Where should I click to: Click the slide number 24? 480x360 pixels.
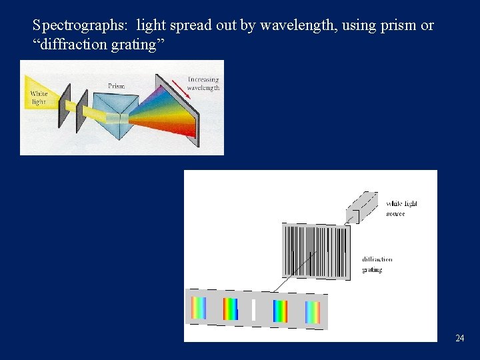pyautogui.click(x=459, y=339)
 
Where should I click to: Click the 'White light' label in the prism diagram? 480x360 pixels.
pyautogui.click(x=39, y=98)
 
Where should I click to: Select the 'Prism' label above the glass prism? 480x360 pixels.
pyautogui.click(x=117, y=86)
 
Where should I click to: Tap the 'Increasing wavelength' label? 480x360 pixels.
pyautogui.click(x=203, y=84)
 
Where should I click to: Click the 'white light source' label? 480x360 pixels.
pyautogui.click(x=401, y=209)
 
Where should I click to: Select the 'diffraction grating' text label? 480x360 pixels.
pyautogui.click(x=377, y=265)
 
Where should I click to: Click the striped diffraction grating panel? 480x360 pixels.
pyautogui.click(x=316, y=251)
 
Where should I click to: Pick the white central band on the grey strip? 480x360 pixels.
pyautogui.click(x=253, y=310)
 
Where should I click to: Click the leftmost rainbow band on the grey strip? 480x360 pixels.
pyautogui.click(x=199, y=308)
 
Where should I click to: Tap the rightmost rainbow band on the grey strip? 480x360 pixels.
pyautogui.click(x=313, y=313)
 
